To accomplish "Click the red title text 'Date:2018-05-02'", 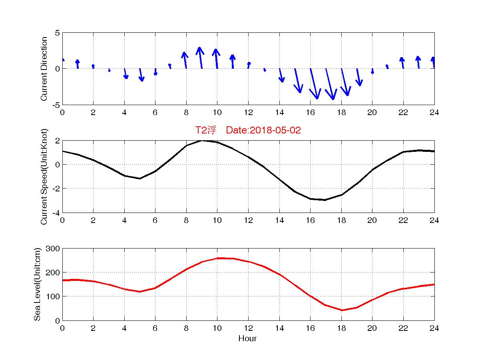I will (263, 130).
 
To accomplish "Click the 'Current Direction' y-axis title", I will (44, 69).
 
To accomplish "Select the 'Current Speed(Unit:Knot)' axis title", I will (44, 177).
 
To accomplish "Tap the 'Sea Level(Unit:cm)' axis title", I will (38, 284).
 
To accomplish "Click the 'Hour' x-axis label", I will (247, 339).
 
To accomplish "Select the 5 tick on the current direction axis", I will (58, 33).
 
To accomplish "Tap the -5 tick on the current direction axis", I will (56, 105).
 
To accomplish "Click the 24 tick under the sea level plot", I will (434, 328).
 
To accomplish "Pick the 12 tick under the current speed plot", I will (248, 220).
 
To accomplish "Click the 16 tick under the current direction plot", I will (310, 112).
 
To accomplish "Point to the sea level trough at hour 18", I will (342, 310).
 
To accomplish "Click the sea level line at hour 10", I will (217, 258).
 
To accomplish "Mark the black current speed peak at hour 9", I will (202, 140).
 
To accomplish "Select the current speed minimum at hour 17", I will (326, 200).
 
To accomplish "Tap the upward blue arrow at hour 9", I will (200, 58).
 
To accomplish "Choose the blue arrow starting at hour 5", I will (141, 75).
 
